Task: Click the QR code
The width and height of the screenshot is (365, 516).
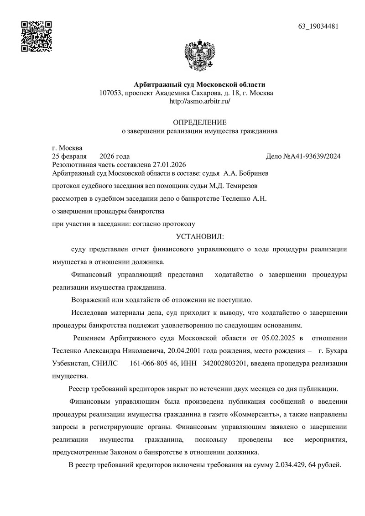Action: click(x=37, y=36)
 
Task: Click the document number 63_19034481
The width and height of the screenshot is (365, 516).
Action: click(x=318, y=26)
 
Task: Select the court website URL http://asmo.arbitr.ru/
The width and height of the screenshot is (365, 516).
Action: click(x=200, y=101)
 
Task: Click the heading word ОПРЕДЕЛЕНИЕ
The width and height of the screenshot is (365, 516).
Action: click(x=199, y=122)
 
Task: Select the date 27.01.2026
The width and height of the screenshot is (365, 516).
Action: click(x=170, y=165)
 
